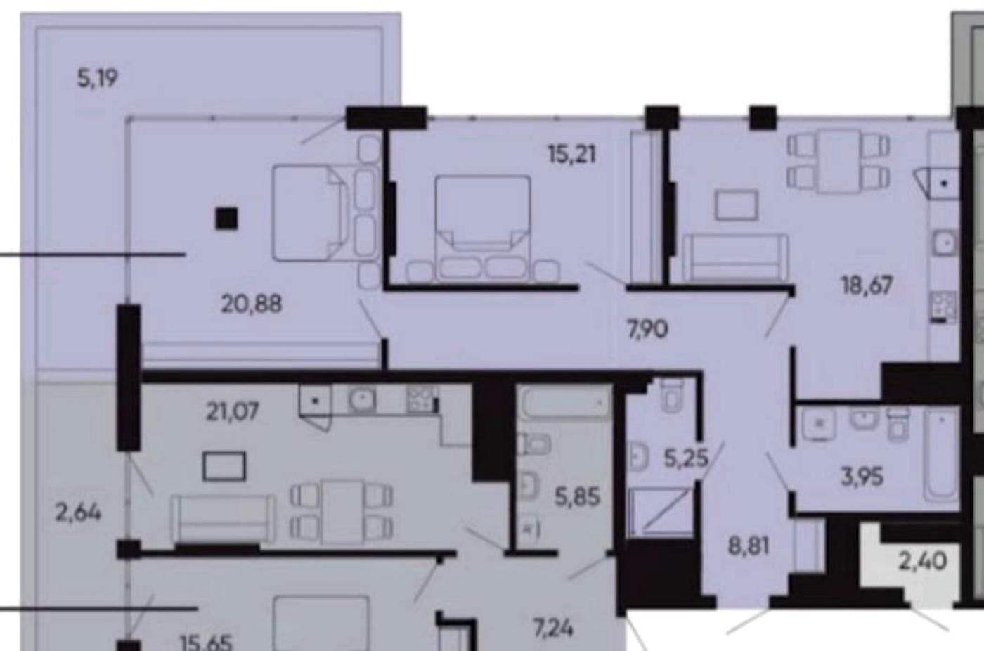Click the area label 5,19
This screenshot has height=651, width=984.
point(98,79)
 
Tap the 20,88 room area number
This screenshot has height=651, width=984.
point(252,304)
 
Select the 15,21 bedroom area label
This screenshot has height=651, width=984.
point(572,155)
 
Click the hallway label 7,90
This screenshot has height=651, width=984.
point(648,330)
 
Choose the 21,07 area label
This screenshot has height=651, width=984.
point(233,412)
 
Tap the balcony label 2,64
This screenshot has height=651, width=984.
point(78,513)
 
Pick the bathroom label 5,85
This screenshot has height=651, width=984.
point(577,497)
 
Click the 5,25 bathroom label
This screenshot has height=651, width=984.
point(686,458)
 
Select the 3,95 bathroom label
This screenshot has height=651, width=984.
point(862,477)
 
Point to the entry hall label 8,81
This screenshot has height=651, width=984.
point(749,547)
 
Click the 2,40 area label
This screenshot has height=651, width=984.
point(922,562)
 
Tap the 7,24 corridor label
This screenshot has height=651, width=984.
point(554,629)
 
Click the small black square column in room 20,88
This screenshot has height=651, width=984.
point(226,219)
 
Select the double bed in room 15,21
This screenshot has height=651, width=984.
point(483,228)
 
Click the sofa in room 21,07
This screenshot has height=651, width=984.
point(224,518)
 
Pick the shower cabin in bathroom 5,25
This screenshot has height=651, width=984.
point(660,513)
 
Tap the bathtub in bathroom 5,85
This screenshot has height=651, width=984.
point(565,402)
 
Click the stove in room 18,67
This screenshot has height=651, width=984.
point(943,307)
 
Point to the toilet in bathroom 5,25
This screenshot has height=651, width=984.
point(672,394)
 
